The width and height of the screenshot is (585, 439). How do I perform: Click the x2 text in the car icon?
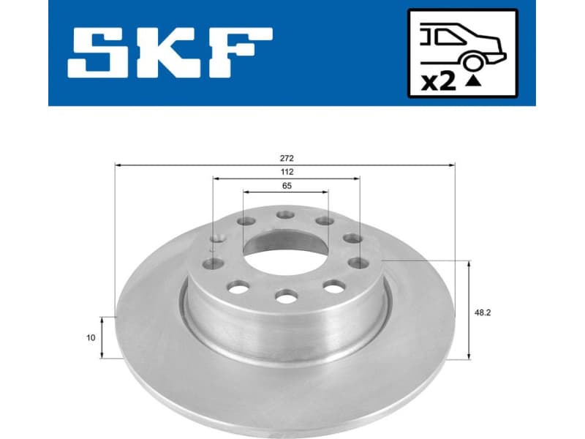click(x=439, y=82)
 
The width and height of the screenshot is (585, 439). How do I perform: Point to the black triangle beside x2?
click(x=473, y=82)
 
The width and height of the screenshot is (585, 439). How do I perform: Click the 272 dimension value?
click(x=286, y=158)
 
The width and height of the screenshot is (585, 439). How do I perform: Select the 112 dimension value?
click(x=286, y=171)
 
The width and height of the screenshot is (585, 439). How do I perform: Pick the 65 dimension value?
click(x=286, y=186)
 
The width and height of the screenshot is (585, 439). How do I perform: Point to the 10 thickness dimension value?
click(x=90, y=337)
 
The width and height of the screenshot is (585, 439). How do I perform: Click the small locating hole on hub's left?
click(x=216, y=237)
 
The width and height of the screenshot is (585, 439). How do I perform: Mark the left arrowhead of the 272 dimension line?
click(x=118, y=165)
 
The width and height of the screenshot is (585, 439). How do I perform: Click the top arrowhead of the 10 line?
click(x=102, y=319)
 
